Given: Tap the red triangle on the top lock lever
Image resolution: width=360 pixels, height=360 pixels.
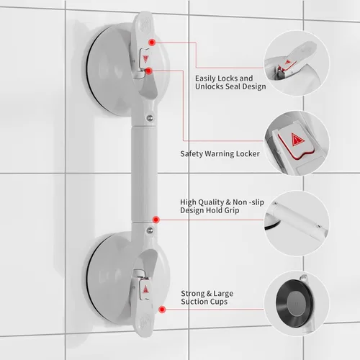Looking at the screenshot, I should [145, 59].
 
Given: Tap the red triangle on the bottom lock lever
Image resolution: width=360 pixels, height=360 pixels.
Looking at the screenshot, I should [145, 289].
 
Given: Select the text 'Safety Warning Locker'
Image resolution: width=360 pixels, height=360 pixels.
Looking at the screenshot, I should [220, 153].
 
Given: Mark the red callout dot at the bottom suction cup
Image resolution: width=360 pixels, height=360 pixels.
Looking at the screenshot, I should [162, 310].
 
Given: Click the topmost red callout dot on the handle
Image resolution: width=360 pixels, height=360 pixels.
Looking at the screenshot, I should [149, 43].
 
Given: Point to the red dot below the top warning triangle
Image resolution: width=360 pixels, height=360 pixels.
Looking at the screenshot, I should [148, 71].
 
